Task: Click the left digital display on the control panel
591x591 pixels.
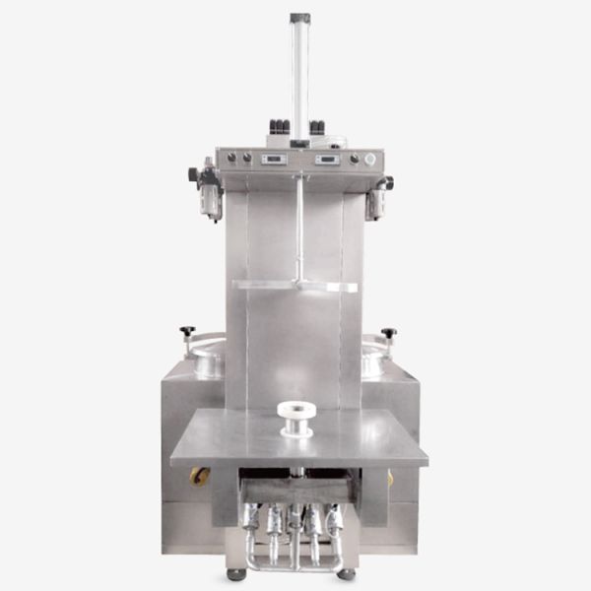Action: coord(274,159)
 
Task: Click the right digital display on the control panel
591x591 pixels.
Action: coord(327,159)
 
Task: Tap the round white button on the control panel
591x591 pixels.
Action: coord(369,159)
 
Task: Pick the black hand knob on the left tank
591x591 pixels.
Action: coord(187,331)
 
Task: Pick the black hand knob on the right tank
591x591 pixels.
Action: coord(389,333)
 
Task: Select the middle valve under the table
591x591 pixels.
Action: coord(295,520)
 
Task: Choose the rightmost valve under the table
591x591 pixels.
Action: coord(335,519)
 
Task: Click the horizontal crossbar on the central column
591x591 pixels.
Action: coord(295,286)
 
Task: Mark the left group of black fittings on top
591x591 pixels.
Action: coord(279,127)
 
